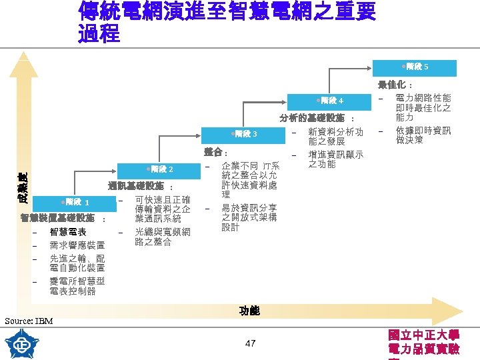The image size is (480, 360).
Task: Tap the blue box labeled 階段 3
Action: click(245, 134)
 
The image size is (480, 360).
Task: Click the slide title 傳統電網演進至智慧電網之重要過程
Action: click(226, 22)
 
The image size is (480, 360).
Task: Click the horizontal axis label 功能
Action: click(249, 311)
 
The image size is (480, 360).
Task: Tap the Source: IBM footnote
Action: click(29, 321)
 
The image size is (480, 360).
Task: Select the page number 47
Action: click(250, 343)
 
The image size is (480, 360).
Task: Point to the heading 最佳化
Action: click(395, 85)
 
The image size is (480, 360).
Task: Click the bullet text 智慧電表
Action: click(67, 232)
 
